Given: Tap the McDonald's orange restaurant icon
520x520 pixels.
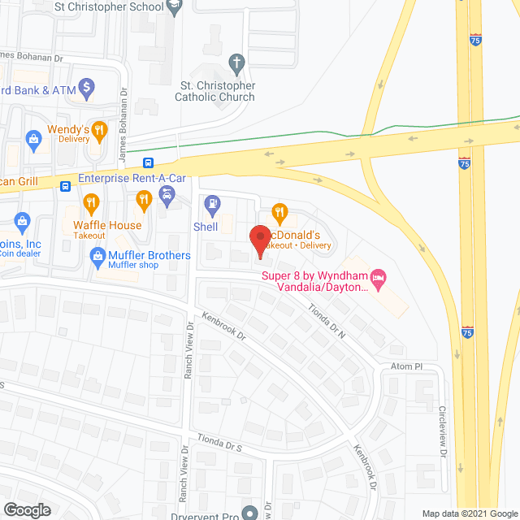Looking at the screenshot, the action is pos(279,214).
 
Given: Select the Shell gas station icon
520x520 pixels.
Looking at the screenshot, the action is pos(211,202).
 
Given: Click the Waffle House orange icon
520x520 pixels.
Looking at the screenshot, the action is pos(92,202).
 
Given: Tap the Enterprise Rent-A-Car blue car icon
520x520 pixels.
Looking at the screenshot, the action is pos(167,195).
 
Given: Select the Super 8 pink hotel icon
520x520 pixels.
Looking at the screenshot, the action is pos(377,276).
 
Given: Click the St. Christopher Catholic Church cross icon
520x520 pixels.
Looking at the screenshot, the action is pos(236,62).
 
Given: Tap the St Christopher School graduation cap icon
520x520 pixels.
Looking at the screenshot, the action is pos(173,6).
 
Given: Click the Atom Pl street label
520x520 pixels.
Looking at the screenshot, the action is pos(406,366).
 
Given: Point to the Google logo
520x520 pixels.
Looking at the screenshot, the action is pos(26,509).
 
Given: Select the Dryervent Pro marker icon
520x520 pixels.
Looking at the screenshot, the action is pos(249,512).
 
